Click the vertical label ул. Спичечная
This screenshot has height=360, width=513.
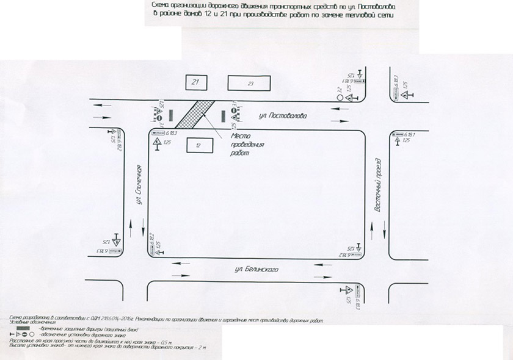140,185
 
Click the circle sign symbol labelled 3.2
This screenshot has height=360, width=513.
339,96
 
